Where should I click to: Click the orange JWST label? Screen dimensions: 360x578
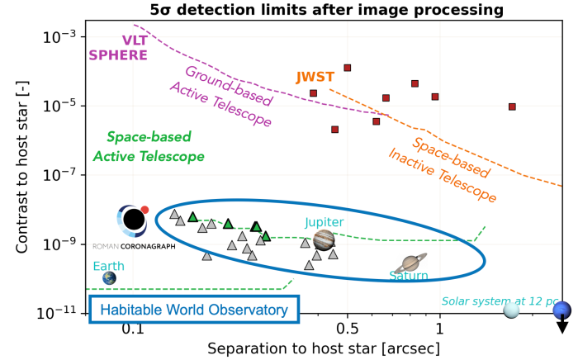pos(315,78)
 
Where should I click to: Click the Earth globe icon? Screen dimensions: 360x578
pos(109,278)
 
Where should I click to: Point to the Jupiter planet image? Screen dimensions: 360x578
pos(325,239)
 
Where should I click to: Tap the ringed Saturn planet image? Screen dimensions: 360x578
pos(410,263)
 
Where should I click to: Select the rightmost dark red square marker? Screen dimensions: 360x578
pos(512,107)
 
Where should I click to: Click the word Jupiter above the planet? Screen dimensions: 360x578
pos(324,222)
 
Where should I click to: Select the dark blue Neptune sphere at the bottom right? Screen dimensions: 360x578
pos(562,310)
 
